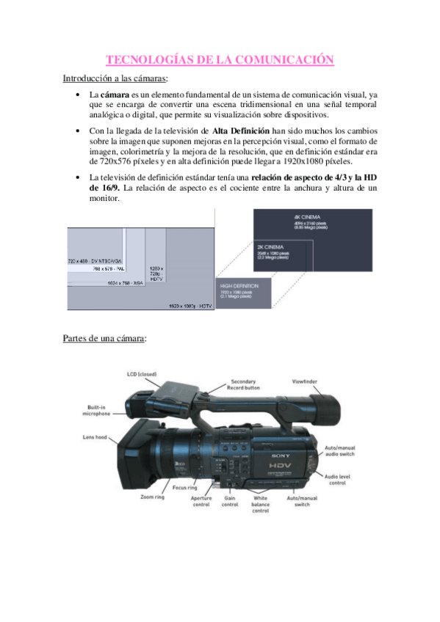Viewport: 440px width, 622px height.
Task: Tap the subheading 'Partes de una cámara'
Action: coord(104,339)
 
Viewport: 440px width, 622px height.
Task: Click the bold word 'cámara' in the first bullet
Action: coord(114,95)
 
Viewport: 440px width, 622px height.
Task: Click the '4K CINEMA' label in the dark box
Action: coord(304,218)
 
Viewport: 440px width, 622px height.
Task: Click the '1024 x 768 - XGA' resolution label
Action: coord(116,282)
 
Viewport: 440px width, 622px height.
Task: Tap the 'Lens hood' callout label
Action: coord(95,437)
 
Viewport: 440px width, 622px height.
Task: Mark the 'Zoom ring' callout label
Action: coord(152,497)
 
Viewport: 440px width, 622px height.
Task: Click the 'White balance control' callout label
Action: coord(261,504)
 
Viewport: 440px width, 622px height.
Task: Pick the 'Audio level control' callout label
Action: coord(337,479)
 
